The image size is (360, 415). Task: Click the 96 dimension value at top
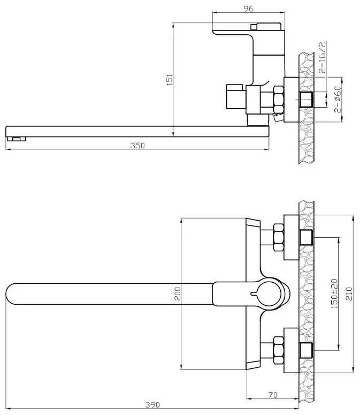coord(248,9)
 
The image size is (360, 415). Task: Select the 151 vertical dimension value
coord(170,80)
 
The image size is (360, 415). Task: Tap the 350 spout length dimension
coord(137,146)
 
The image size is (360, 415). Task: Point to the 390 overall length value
coord(152,405)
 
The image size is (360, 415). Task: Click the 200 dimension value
coord(178,293)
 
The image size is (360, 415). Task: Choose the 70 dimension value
coord(273,395)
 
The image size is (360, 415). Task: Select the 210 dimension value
coord(349,294)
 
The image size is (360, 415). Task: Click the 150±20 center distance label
coord(334,294)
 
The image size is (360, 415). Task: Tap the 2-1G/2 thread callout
coord(323,57)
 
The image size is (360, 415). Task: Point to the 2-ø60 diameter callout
coord(338,100)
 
